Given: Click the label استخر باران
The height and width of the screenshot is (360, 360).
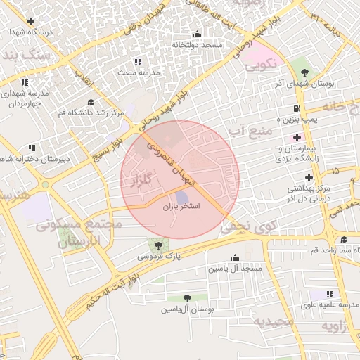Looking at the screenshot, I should click(181, 207).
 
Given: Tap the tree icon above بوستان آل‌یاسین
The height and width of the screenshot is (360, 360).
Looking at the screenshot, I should click(186, 298).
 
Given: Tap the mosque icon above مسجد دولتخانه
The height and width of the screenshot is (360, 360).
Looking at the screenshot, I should click(197, 34).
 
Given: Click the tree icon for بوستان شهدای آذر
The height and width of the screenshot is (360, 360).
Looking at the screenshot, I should click(304, 72).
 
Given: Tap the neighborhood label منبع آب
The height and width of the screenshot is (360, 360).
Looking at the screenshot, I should click(245, 129).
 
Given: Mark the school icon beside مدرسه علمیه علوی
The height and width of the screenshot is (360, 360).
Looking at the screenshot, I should click(330, 294).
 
